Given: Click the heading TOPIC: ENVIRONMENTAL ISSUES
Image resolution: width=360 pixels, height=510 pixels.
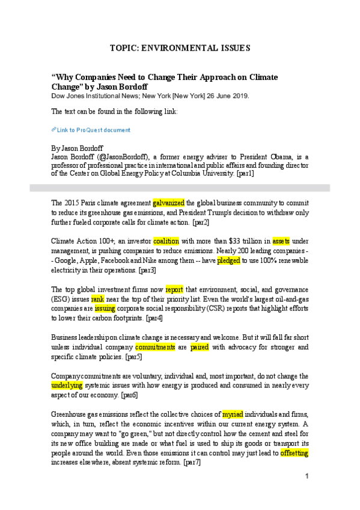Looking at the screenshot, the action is (180, 48).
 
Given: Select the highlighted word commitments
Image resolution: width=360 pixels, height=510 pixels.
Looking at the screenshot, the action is (155, 347).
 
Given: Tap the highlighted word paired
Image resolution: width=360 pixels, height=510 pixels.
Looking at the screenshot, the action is (199, 347).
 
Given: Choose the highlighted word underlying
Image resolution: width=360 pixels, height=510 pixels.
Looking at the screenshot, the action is (67, 386).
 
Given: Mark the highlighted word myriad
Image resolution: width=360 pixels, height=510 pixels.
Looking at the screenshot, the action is (233, 414).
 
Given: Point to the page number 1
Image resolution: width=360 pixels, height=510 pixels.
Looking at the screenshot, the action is (307, 476).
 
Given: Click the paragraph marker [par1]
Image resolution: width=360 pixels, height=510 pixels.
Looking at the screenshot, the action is (245, 173).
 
